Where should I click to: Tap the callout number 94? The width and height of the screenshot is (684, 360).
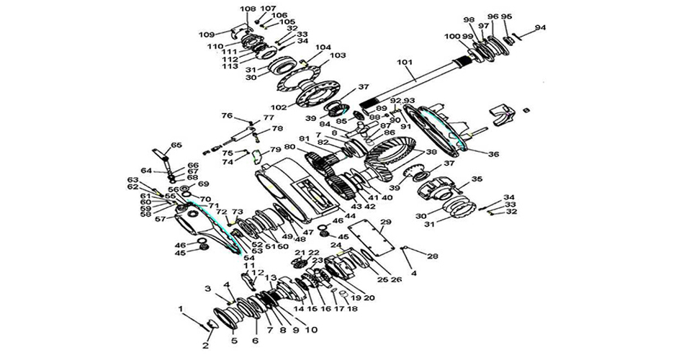coord(541,27)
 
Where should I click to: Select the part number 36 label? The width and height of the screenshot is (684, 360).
coord(493,153)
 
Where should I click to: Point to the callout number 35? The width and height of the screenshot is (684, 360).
coord(477,179)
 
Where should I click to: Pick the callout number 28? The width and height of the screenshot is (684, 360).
coord(433,256)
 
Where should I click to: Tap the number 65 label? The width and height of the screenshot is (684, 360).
coord(176,145)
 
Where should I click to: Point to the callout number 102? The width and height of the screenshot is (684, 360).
coord(279,107)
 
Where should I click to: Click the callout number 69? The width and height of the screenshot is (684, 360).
coord(203,184)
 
